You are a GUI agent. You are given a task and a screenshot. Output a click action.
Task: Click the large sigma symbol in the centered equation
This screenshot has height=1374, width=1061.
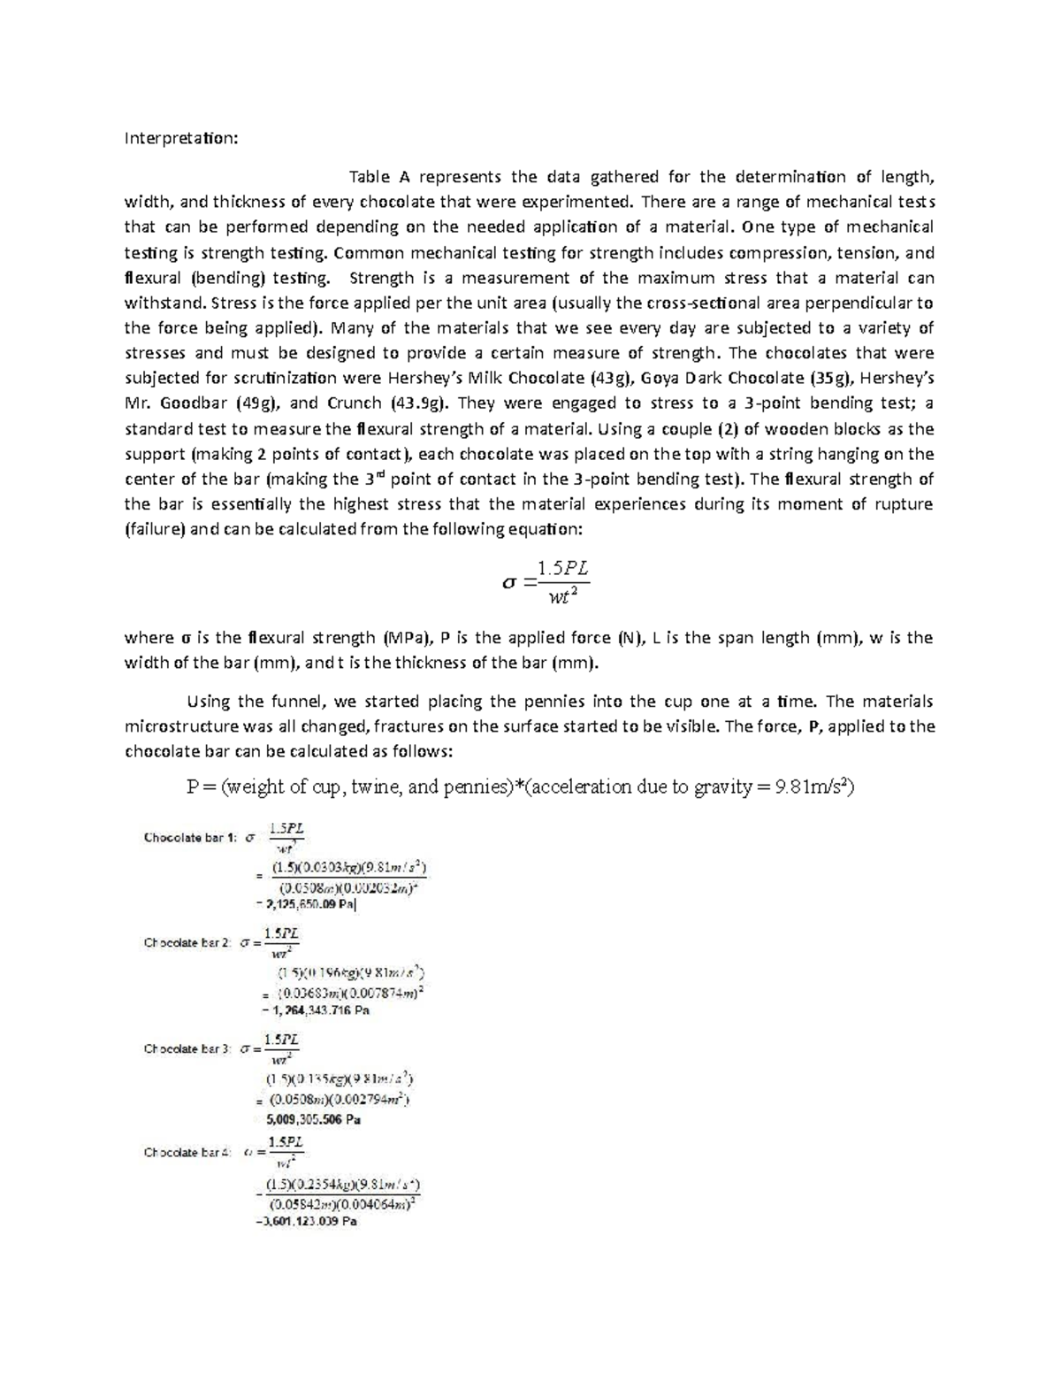pos(507,582)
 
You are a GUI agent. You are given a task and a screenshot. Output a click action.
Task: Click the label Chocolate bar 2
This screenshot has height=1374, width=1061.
pos(187,943)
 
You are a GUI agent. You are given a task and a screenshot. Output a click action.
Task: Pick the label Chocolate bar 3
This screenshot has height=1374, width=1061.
pos(187,1049)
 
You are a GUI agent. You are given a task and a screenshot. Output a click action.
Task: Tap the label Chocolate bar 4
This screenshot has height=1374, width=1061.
pos(187,1153)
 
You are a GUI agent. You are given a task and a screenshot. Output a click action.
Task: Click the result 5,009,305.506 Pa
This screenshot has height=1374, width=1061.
pos(313,1120)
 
